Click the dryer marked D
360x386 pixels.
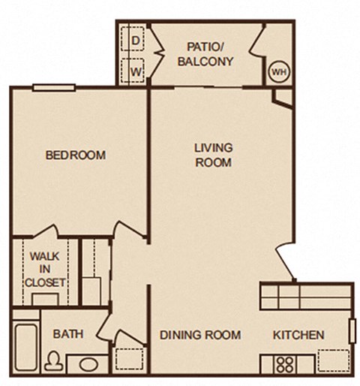136,39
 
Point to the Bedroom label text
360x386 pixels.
75,155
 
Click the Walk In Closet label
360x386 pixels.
44,270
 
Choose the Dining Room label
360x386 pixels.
200,335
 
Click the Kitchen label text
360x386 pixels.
298,335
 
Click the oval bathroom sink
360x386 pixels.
88,366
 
